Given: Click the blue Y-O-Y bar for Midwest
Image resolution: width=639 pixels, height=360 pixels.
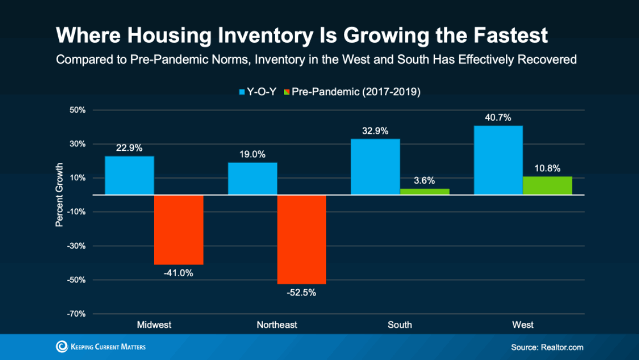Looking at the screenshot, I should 129,175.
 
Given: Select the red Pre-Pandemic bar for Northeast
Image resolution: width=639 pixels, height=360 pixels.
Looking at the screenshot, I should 302,239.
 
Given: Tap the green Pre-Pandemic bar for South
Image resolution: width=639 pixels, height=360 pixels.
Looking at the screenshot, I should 425,192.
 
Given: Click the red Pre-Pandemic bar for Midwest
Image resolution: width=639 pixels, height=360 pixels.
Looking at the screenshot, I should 179,230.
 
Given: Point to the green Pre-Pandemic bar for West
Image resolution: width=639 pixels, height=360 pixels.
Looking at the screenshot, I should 547,186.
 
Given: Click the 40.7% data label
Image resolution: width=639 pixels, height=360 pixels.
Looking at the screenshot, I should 498,118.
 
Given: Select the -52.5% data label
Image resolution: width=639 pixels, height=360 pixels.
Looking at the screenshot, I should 301,292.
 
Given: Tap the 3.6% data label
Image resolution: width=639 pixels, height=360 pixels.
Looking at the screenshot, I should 424,180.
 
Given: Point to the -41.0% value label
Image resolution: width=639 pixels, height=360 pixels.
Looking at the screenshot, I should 178,273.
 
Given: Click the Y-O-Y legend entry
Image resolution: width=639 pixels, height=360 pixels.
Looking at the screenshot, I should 257,92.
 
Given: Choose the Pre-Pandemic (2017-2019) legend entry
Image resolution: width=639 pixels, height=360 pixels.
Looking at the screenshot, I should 352,92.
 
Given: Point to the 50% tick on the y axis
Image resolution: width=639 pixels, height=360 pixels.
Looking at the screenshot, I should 78,110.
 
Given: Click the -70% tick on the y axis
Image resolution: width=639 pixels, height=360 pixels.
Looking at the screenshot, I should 77,314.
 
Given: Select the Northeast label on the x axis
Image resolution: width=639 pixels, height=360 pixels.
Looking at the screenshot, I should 277,325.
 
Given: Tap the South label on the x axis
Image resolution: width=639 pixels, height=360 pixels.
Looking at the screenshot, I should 400,325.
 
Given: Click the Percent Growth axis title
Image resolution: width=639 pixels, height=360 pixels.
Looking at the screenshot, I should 59,195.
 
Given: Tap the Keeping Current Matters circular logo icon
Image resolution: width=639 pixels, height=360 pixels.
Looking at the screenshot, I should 62,347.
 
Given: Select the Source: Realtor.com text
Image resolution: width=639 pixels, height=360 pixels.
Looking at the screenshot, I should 547,348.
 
